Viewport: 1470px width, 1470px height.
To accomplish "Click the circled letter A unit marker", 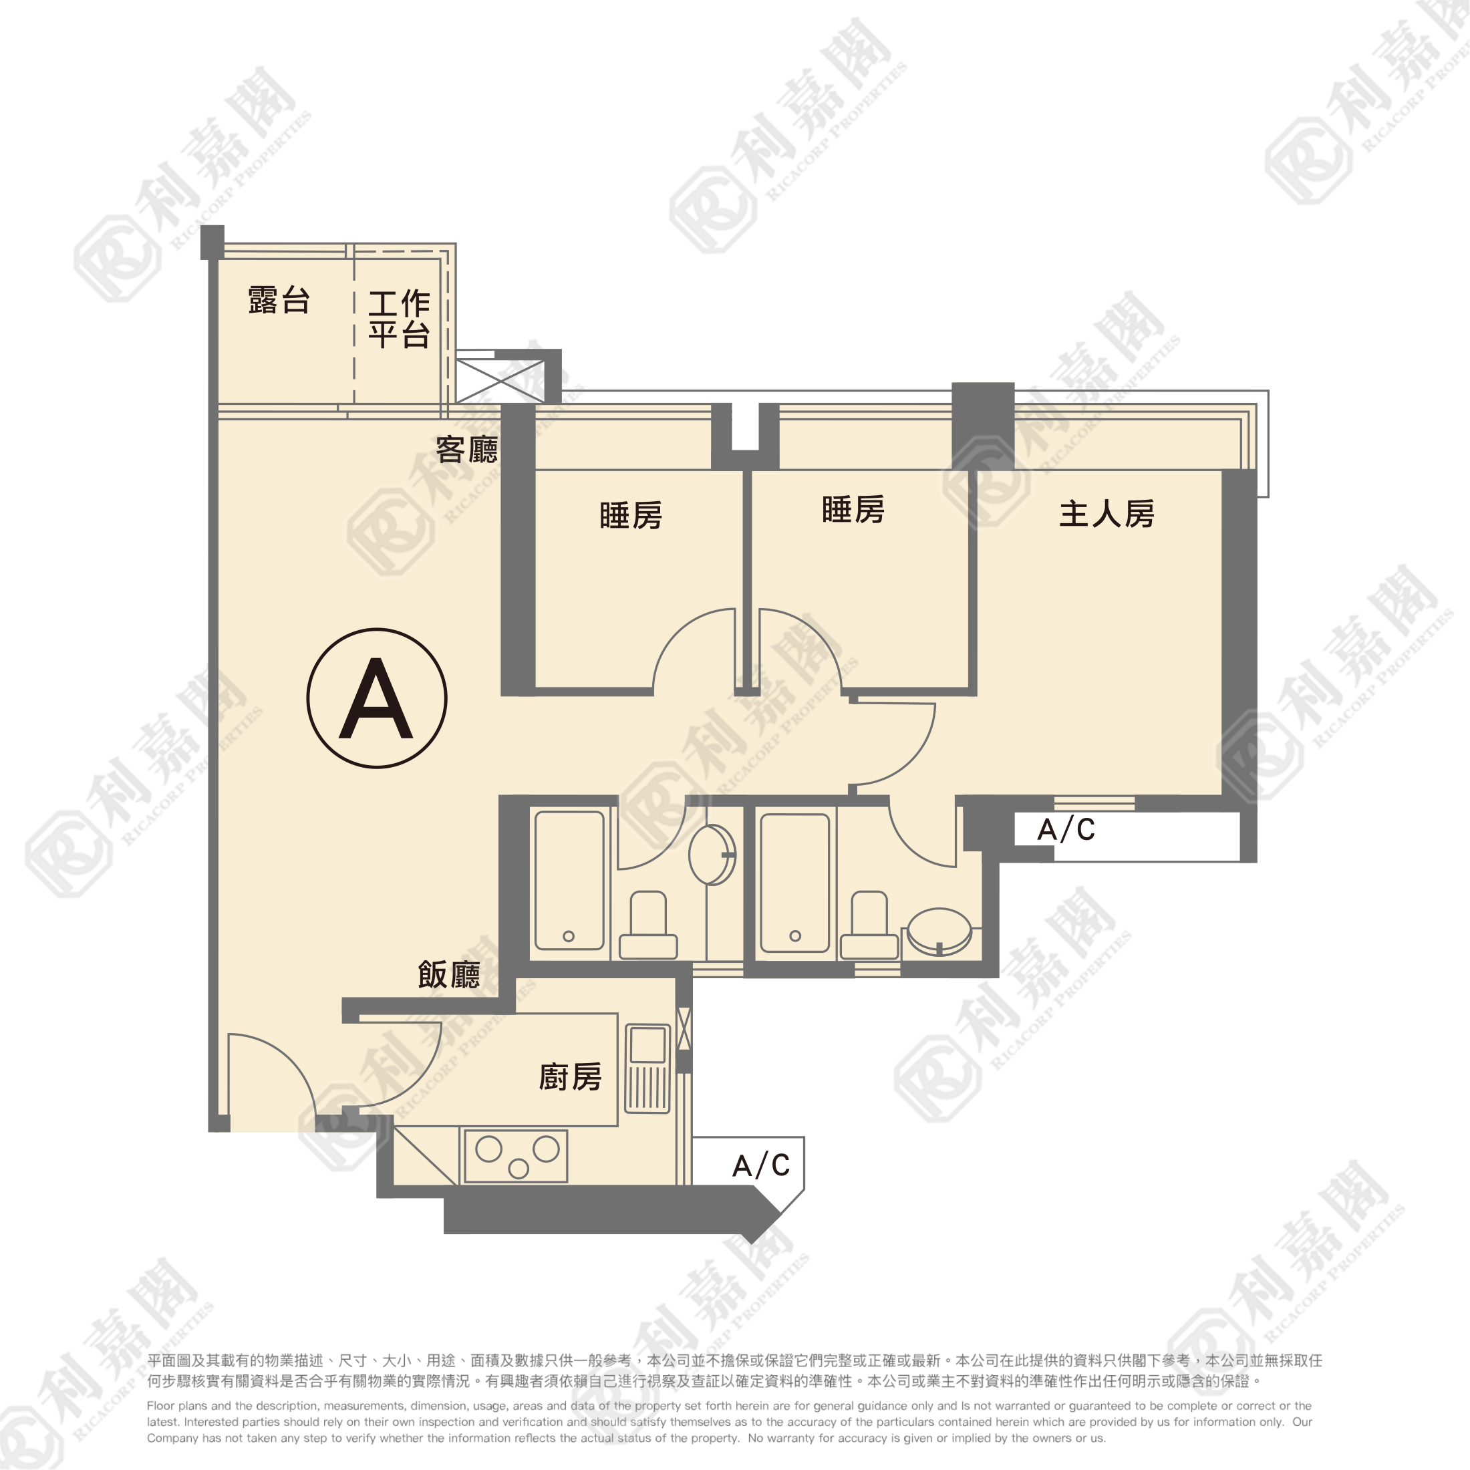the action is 377,698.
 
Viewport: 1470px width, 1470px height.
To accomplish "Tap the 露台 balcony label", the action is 279,301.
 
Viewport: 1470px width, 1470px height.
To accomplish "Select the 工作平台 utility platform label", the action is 400,319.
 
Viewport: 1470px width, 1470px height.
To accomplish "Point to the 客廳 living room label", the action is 466,450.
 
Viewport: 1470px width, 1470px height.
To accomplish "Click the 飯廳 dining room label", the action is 449,975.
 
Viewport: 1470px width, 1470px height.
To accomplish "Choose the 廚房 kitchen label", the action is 570,1076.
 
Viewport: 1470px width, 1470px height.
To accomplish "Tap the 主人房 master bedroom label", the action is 1107,514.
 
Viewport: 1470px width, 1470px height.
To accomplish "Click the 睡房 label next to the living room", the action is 631,515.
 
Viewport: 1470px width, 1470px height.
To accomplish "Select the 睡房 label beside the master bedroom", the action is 853,509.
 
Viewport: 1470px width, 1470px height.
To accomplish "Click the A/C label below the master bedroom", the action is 1066,830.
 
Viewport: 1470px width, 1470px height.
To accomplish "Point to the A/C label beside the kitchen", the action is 761,1165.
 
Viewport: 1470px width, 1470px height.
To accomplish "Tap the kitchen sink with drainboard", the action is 647,1069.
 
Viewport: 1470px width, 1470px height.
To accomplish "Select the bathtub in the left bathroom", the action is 570,880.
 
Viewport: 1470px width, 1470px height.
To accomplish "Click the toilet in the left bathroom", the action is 648,925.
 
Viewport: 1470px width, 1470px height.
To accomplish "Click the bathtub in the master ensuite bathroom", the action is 795,883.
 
